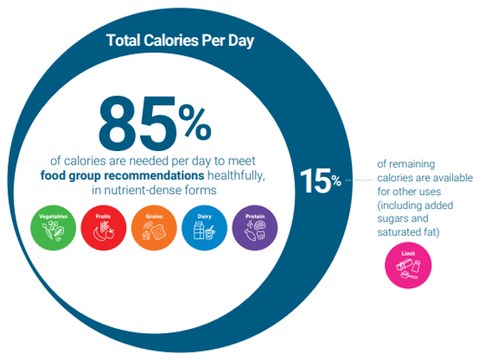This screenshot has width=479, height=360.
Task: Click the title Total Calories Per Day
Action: (180, 40)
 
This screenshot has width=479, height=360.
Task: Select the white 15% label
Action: (320, 180)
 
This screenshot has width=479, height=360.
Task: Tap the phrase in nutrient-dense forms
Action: (154, 191)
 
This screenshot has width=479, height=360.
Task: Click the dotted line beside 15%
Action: (360, 180)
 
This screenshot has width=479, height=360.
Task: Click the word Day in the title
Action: (240, 40)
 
